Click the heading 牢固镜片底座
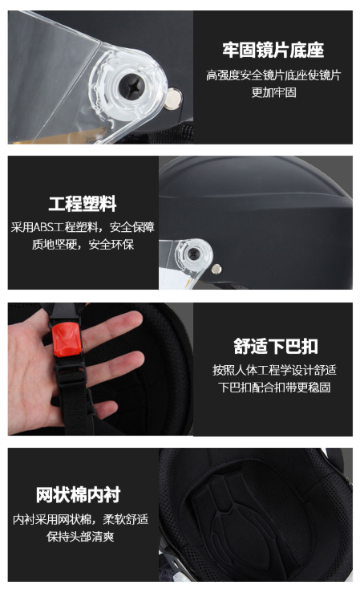coord(273,50)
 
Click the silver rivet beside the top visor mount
coord(173,99)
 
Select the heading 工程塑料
coord(83,204)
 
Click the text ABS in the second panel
coord(43,227)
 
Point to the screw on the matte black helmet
coord(194,254)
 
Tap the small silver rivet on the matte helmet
coord(216,269)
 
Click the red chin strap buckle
coord(67,340)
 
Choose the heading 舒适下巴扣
coord(276,346)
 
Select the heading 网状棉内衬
coord(79,494)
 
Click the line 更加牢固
coord(273,92)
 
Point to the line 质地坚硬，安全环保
coord(83,245)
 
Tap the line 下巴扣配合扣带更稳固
coord(274,387)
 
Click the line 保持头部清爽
coord(80,536)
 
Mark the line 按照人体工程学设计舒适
coord(274,370)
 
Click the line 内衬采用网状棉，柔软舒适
coord(80,519)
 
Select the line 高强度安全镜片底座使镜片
coord(273,75)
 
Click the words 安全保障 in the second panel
coord(132,227)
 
